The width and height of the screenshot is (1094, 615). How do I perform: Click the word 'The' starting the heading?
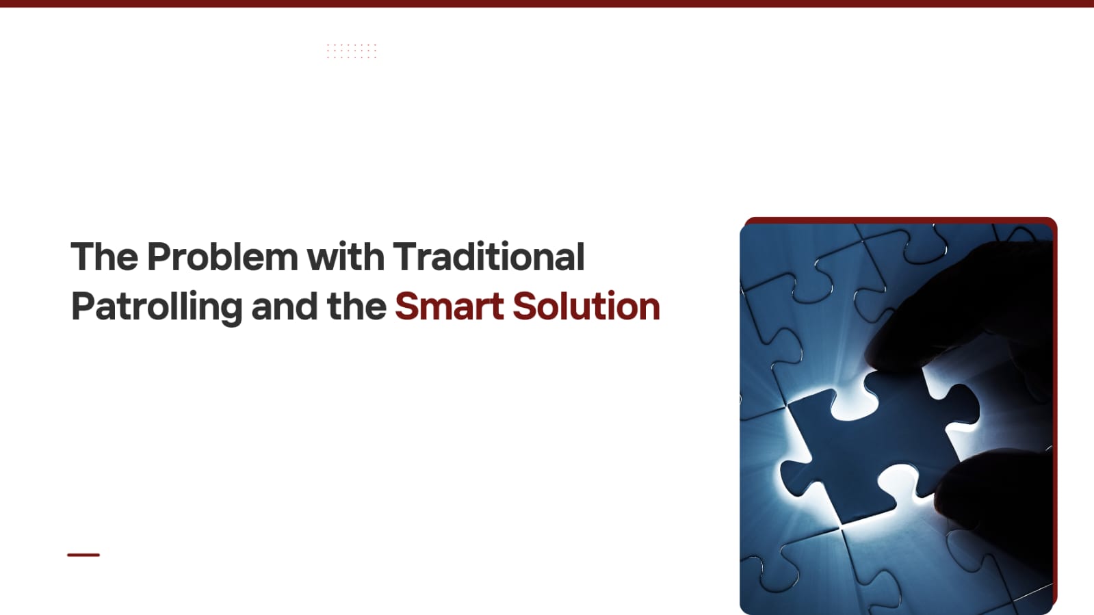point(105,257)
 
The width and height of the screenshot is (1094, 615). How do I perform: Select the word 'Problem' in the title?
point(222,257)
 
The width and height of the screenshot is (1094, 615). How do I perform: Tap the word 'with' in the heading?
point(346,257)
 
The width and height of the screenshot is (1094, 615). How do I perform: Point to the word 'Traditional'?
point(489,257)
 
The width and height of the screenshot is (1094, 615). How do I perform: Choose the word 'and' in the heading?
point(284,306)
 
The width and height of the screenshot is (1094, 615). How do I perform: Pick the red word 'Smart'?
point(450,306)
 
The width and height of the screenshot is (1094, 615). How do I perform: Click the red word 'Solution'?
point(586,306)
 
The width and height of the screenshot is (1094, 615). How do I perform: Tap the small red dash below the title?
point(83,555)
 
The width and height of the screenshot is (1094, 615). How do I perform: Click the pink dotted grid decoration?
point(352,51)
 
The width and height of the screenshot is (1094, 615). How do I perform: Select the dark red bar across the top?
point(547,3)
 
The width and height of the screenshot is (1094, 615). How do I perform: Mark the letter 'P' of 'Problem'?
point(159,257)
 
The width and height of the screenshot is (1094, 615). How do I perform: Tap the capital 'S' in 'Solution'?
point(525,306)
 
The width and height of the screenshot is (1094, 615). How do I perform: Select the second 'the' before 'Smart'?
point(356,306)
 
